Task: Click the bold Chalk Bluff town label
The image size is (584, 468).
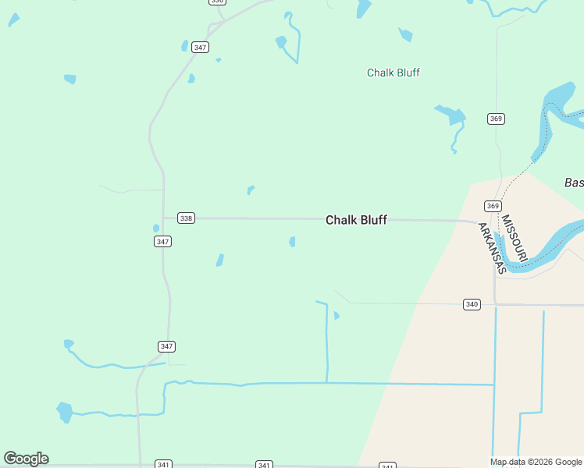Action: [356, 220]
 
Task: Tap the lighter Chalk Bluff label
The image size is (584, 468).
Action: [393, 73]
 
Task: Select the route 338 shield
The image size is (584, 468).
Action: [186, 218]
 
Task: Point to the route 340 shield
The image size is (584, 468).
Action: [472, 304]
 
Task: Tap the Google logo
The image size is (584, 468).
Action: [26, 459]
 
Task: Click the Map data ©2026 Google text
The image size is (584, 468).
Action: [536, 462]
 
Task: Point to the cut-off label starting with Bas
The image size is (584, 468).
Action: [574, 183]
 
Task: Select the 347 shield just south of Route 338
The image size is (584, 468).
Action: [162, 242]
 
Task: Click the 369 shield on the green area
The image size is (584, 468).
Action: [497, 119]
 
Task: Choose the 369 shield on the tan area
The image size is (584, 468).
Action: [492, 206]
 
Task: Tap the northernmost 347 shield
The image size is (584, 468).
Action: [201, 48]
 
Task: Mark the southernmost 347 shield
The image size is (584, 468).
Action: [166, 346]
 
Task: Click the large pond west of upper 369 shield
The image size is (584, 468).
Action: [451, 115]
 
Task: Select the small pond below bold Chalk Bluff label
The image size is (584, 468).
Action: [292, 242]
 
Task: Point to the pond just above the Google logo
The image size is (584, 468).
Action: [64, 410]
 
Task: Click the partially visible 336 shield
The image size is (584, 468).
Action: [218, 2]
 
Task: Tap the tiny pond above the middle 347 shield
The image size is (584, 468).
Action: [156, 229]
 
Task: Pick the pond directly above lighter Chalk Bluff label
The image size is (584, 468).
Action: [405, 34]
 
